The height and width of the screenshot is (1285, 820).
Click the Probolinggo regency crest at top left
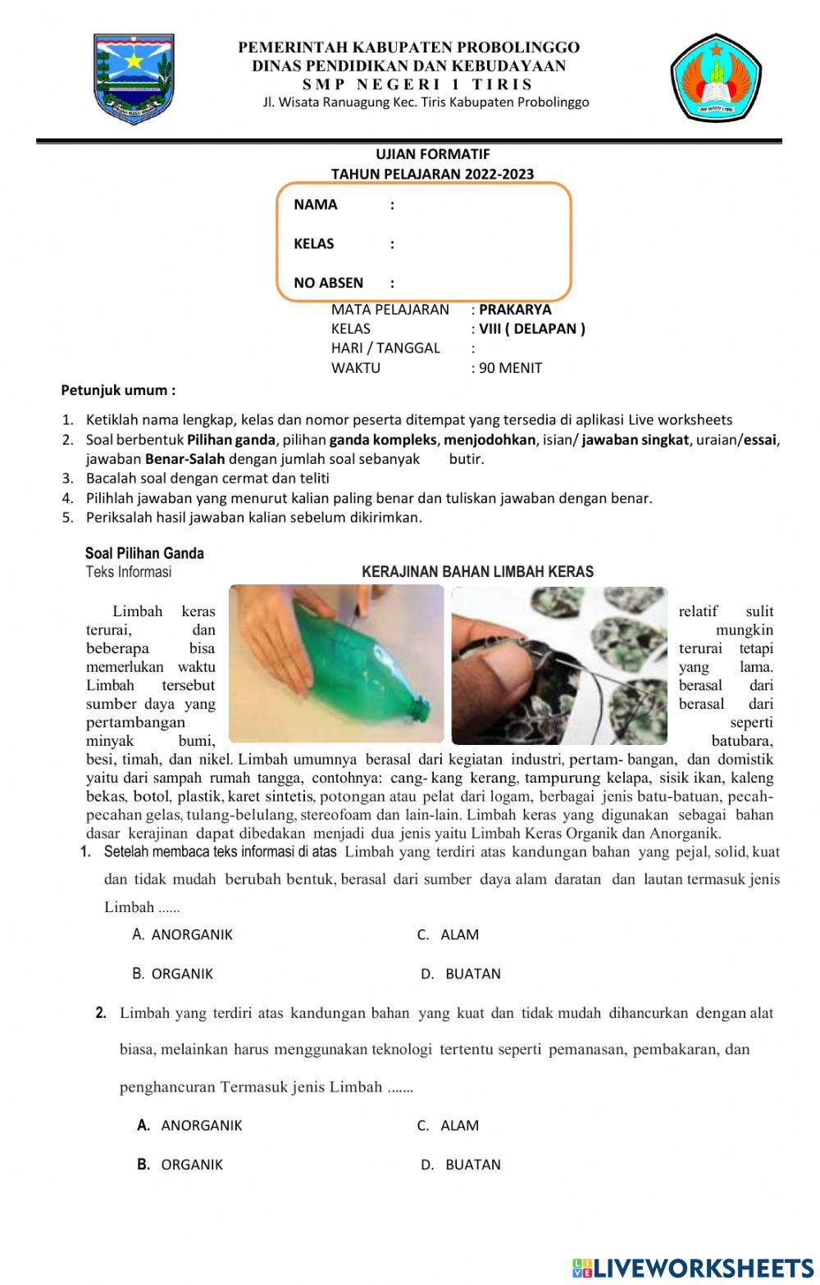point(134,79)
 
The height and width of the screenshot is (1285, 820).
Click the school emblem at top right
point(716,79)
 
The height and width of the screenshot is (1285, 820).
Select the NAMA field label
point(316,205)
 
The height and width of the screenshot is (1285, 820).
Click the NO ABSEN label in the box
point(328,284)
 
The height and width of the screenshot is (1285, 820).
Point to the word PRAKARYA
point(515,310)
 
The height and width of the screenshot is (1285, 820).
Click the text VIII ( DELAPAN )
point(532,329)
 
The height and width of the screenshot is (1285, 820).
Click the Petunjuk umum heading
point(119,390)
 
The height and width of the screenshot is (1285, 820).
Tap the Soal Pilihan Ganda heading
point(144,553)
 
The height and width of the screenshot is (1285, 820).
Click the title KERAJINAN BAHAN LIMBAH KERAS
point(477,572)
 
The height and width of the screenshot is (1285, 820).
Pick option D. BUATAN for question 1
point(460,974)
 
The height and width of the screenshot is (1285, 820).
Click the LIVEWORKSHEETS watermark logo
point(693,1268)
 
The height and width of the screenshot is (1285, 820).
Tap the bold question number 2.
point(101,1014)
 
